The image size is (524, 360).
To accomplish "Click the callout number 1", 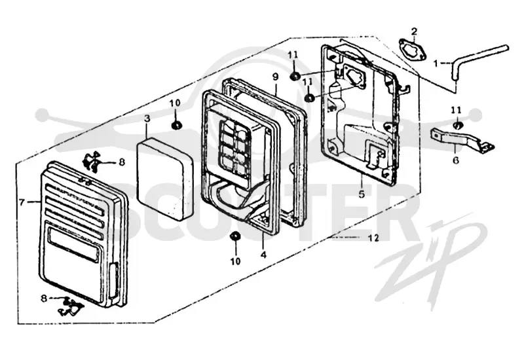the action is (436, 63).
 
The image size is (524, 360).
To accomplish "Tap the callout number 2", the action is (414, 31).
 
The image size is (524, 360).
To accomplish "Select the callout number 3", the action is (147, 118).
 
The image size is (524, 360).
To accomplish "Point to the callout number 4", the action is (264, 255).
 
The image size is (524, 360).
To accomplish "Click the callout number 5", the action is (362, 194).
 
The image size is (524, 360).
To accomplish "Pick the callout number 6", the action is (456, 160).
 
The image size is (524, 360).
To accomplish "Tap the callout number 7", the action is (22, 202).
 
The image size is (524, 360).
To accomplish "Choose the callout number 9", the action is (275, 77).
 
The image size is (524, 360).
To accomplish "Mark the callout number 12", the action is (374, 238).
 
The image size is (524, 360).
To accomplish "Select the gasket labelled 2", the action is (413, 50).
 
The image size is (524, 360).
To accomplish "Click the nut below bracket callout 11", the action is (457, 126).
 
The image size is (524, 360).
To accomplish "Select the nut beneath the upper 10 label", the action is (176, 125).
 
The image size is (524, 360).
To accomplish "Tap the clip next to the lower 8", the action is (71, 306).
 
